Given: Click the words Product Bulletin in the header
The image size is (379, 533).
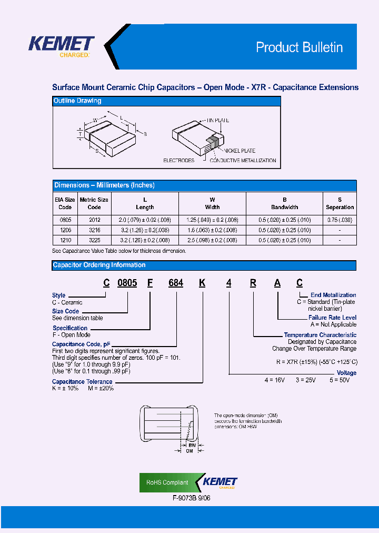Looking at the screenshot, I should [x=299, y=47].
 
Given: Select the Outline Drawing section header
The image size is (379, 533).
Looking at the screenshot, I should [x=77, y=101].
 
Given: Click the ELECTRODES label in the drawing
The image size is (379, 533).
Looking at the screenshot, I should [x=178, y=161].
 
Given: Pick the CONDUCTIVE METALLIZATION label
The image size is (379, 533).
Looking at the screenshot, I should [x=243, y=161].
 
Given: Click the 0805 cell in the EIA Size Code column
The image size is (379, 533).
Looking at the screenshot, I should [x=65, y=220].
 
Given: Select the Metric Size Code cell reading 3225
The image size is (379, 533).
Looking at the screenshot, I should [x=94, y=240].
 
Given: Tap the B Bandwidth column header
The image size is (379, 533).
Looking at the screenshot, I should [x=284, y=203].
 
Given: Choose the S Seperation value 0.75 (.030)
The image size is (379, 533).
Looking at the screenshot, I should [x=340, y=220].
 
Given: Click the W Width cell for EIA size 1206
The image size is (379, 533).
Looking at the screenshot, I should [x=212, y=230].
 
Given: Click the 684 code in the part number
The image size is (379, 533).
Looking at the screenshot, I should [x=175, y=283].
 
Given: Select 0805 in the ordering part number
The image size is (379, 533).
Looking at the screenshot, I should [x=127, y=283].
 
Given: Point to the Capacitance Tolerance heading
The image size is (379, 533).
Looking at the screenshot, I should [x=82, y=381].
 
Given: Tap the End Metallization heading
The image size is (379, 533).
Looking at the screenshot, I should [x=333, y=295].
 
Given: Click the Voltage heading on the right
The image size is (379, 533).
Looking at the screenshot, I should [x=346, y=373].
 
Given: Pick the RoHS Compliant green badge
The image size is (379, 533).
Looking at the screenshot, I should [x=167, y=482].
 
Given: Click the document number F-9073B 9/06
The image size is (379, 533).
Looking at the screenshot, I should [x=192, y=498].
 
